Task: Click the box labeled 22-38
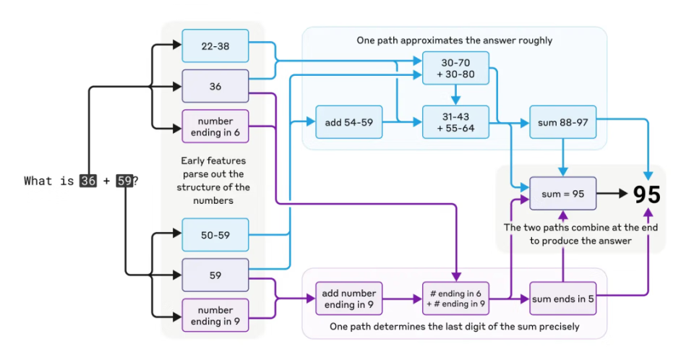click(215, 46)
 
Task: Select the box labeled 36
click(215, 86)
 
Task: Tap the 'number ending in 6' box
click(215, 127)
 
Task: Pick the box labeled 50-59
click(215, 235)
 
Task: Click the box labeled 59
click(215, 275)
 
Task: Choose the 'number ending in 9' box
click(215, 316)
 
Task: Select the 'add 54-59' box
click(349, 122)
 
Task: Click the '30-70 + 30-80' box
click(455, 69)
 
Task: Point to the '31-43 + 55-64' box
click(455, 122)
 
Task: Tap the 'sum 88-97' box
click(562, 122)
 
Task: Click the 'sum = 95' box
click(562, 194)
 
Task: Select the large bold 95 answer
click(647, 194)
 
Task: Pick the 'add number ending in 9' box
click(349, 299)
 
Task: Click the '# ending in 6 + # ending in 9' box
click(455, 299)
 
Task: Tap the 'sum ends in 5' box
click(562, 299)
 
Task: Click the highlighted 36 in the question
click(88, 181)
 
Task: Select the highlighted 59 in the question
click(124, 181)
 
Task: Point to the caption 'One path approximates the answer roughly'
click(454, 40)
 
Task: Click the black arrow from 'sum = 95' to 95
click(613, 194)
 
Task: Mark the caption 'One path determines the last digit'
click(454, 327)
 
